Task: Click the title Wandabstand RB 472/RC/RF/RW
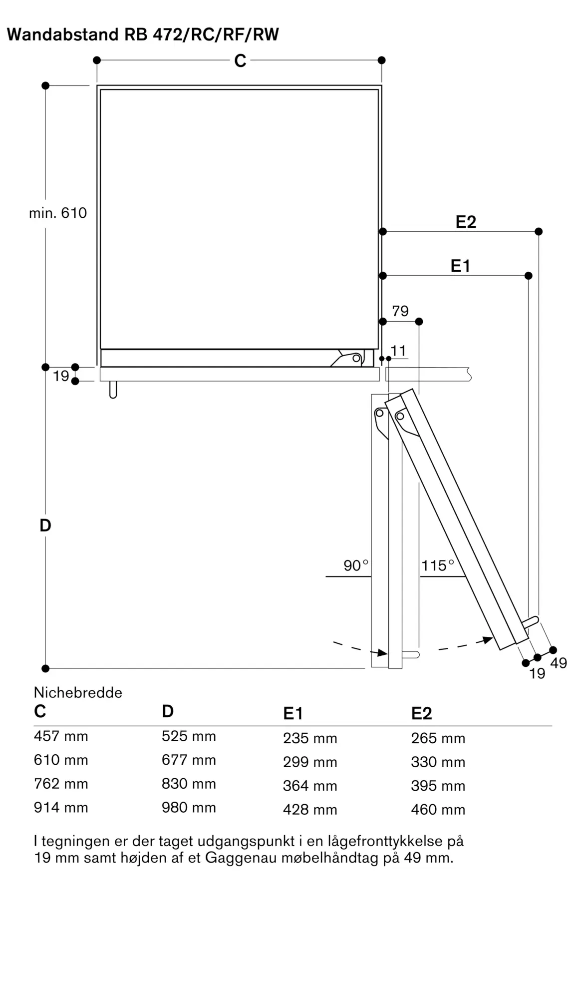pos(143,34)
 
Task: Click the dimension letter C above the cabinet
pos(240,61)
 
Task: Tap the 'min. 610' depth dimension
pos(58,213)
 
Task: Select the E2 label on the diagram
pos(466,222)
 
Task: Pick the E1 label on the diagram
pos(460,266)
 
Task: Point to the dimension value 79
pos(400,311)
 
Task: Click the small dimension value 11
pos(398,351)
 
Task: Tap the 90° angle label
pos(355,565)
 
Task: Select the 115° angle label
pos(438,565)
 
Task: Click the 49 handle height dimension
pos(559,663)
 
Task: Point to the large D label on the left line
pos(45,525)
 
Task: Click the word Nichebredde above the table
pos(78,692)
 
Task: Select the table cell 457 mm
pos(61,736)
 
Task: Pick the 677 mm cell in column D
pos(189,760)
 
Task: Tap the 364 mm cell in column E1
pos(310,786)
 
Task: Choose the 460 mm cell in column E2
pos(438,810)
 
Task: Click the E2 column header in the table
pos(421,713)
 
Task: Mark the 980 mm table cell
pos(189,808)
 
